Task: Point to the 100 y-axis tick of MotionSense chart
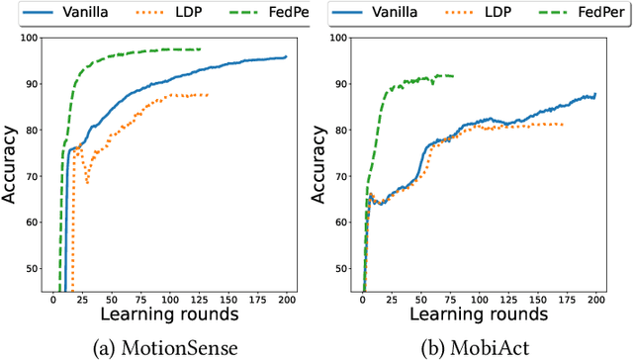(29, 38)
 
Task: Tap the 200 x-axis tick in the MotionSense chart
(286, 301)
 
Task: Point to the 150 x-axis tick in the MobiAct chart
(536, 301)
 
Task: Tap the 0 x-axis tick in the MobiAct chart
(362, 301)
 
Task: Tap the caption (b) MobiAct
(478, 347)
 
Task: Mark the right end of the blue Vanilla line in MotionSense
(286, 57)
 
